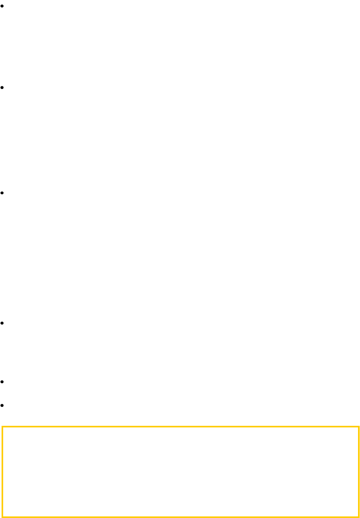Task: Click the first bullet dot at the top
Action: pos(2,6)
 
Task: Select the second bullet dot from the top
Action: pos(2,87)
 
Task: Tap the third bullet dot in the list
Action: pos(2,193)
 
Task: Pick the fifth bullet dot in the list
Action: pos(2,382)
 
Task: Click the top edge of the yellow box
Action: pos(180,426)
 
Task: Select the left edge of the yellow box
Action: pos(2,471)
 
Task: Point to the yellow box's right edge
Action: pos(358,471)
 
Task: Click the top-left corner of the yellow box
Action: pos(2,426)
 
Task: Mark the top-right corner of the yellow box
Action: pos(358,426)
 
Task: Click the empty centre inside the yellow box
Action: pos(180,471)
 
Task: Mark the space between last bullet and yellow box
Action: pos(2,416)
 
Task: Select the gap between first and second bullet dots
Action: pos(2,47)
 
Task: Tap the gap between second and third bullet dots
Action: pos(2,140)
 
